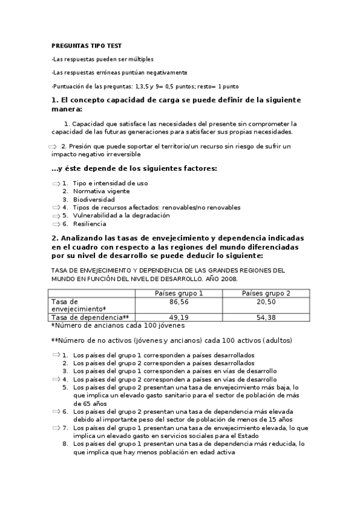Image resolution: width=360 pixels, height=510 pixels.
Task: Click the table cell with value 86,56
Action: pos(179,301)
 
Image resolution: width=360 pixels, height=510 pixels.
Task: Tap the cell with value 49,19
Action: pos(179,317)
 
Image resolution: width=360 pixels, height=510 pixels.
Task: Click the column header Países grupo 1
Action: pos(179,293)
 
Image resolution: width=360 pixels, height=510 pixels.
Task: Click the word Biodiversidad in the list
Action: pos(94,199)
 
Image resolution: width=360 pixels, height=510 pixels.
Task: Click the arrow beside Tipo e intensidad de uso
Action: pos(56,183)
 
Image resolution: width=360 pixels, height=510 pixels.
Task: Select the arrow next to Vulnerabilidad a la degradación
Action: pos(56,215)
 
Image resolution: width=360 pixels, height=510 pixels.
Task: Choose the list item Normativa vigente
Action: pos(101,191)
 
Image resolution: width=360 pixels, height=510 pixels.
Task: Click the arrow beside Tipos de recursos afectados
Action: pos(56,207)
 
